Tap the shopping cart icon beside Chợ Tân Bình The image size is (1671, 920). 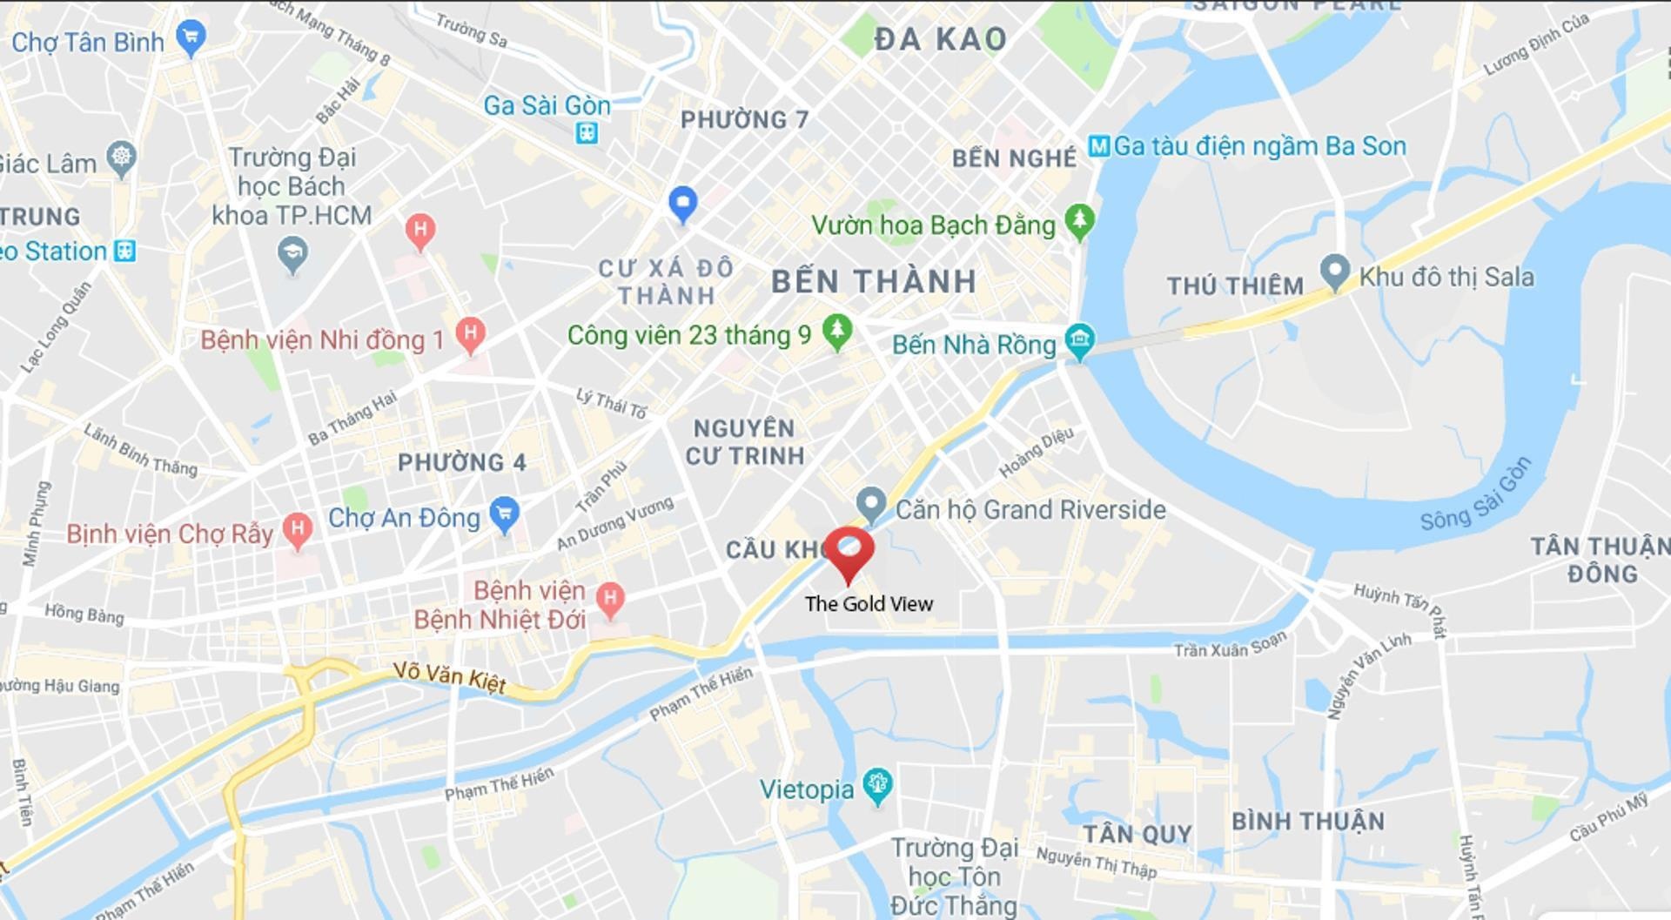pyautogui.click(x=191, y=37)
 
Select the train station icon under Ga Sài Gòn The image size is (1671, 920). pyautogui.click(x=587, y=133)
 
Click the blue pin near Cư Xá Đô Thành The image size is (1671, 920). pyautogui.click(x=683, y=203)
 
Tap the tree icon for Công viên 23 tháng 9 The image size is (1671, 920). pyautogui.click(x=837, y=331)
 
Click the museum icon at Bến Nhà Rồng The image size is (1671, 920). pyautogui.click(x=1079, y=340)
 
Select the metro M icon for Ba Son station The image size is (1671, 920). pyautogui.click(x=1099, y=146)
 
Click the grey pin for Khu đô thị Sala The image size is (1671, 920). pyautogui.click(x=1334, y=271)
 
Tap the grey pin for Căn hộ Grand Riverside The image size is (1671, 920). pyautogui.click(x=870, y=503)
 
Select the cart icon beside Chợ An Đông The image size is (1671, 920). pyautogui.click(x=505, y=513)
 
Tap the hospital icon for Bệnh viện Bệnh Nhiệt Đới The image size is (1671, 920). pyautogui.click(x=611, y=599)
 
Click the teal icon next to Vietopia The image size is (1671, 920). pyautogui.click(x=877, y=785)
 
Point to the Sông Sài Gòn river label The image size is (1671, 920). pyautogui.click(x=1474, y=494)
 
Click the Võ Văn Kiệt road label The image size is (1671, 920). pyautogui.click(x=449, y=677)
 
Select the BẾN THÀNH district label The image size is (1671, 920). pyautogui.click(x=873, y=282)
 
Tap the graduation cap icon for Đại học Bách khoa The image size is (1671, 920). pyautogui.click(x=292, y=254)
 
